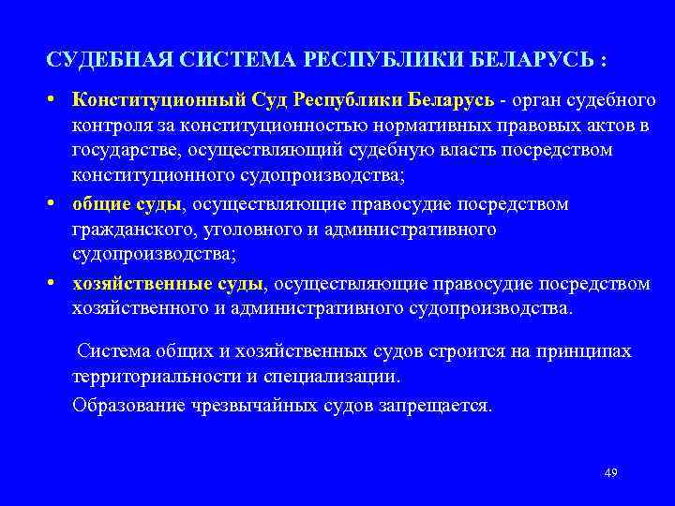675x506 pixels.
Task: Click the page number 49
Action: [610, 472]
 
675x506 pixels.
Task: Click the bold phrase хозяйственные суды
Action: [170, 283]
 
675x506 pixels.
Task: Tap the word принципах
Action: [584, 351]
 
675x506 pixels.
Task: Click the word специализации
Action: [335, 377]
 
